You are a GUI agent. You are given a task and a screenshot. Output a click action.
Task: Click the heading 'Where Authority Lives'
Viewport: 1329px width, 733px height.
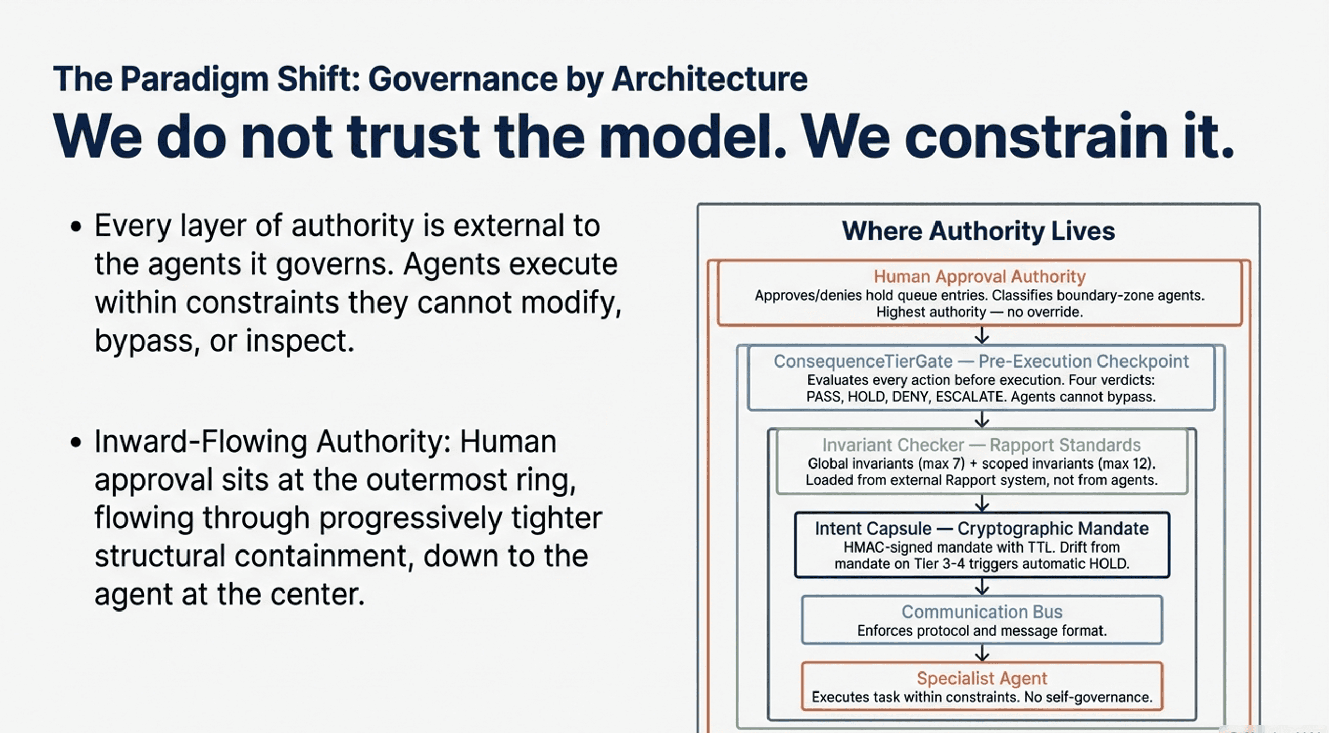pos(978,231)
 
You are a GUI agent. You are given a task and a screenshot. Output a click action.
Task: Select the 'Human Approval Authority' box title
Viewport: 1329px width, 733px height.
pos(979,277)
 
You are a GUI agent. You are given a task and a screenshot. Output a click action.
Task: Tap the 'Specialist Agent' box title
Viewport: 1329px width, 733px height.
pos(981,678)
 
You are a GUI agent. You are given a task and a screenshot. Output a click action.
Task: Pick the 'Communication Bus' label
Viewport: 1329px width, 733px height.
pos(981,612)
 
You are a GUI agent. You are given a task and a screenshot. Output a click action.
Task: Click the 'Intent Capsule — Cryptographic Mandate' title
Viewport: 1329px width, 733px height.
pos(981,528)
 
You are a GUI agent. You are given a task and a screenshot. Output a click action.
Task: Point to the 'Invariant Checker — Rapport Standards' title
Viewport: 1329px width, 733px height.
pos(981,445)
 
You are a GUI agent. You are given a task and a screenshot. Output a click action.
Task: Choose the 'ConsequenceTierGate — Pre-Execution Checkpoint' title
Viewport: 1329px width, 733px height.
pos(980,361)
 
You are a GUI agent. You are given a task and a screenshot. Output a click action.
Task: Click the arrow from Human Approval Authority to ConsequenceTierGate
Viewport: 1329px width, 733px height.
pos(982,336)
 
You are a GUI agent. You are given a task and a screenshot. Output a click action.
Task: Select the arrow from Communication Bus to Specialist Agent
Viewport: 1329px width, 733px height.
pos(982,653)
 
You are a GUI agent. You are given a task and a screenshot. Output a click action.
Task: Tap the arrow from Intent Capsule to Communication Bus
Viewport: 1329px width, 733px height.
pos(982,586)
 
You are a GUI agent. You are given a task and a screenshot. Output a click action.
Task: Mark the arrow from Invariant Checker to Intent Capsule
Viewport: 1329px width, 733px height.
pos(982,503)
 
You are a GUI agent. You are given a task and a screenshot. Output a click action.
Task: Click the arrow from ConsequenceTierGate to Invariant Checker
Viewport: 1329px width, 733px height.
pos(982,419)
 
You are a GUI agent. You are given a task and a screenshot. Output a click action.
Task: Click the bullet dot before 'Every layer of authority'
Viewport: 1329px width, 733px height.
pos(76,227)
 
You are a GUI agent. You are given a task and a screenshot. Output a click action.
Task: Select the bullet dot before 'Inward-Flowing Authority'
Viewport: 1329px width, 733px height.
pos(76,442)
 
